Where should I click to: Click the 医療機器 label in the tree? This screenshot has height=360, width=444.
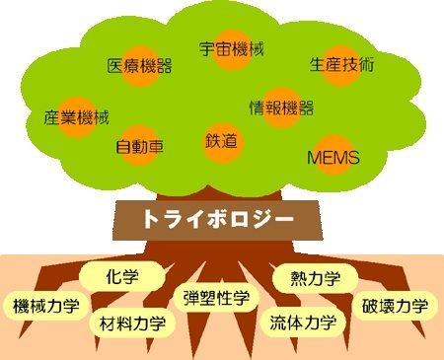coord(140,66)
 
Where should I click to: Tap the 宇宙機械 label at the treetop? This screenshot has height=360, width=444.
coord(232,49)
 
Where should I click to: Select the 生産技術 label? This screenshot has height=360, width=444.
coord(342,64)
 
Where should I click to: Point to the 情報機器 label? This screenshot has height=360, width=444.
coord(281,108)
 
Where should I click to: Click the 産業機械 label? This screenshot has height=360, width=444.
coord(76,117)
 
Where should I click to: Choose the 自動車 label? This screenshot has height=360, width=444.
coord(140,147)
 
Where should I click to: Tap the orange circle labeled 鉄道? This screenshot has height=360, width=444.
coord(222,143)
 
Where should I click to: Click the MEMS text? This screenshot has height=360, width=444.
coord(333,158)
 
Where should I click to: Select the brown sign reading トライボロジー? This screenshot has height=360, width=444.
coord(217,219)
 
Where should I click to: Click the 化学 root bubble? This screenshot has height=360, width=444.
coord(122,276)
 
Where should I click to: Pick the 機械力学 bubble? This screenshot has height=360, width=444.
coord(46,306)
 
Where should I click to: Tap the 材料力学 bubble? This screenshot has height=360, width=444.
coord(132,324)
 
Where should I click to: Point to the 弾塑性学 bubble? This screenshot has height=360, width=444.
coord(216,298)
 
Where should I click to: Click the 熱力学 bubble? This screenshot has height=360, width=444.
coord(316,278)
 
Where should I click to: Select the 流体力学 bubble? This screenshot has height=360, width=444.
coord(303,323)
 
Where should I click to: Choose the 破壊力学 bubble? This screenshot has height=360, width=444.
coord(396,306)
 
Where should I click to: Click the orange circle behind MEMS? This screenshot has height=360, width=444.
coord(333,155)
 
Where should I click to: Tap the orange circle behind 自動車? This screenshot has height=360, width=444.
coord(140,145)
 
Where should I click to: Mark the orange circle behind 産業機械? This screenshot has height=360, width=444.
coord(76,116)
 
